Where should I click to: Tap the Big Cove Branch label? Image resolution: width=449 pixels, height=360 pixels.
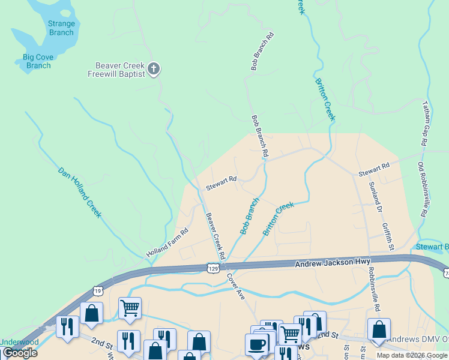point(37,61)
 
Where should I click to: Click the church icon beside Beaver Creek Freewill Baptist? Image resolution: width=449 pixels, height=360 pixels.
point(154,69)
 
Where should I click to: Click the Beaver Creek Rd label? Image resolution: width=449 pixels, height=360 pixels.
point(215,235)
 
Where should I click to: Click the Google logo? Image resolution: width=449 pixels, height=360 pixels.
point(19,353)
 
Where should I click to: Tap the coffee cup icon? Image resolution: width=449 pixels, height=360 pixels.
point(257,345)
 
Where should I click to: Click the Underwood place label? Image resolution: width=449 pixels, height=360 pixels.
point(19,342)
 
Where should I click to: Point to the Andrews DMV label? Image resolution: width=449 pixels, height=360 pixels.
point(417,339)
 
